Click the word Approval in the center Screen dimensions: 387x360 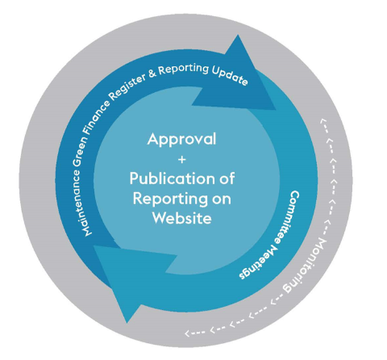181,140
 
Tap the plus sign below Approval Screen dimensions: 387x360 182,160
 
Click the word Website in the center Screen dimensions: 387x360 182,218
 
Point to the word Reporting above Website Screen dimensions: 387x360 170,199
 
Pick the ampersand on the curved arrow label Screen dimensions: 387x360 152,73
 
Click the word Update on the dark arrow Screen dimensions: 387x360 230,77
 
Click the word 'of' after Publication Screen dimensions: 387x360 227,178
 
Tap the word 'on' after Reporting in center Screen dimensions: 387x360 222,199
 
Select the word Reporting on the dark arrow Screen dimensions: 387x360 184,69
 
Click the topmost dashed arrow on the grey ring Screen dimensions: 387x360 324,125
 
